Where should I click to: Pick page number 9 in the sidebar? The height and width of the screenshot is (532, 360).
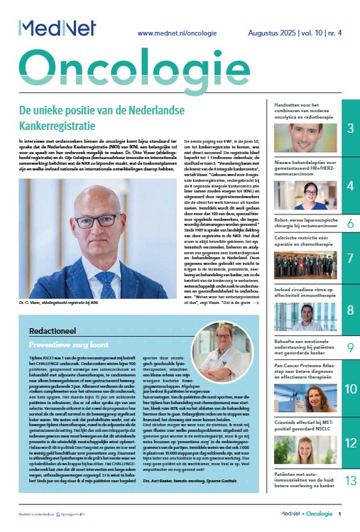click(x=351, y=347)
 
